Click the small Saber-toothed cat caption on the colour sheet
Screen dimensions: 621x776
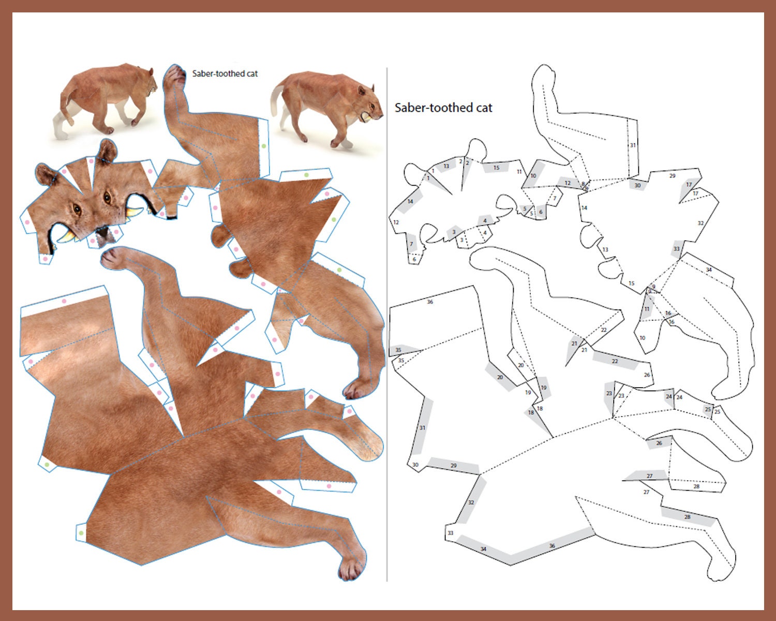[x=225, y=73]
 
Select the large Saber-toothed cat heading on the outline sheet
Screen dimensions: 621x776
[x=443, y=108]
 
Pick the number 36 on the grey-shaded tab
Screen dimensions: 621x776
[x=552, y=546]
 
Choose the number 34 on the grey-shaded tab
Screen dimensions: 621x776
[x=483, y=549]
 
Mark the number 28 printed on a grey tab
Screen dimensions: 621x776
[x=688, y=517]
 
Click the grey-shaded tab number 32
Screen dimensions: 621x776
[x=471, y=502]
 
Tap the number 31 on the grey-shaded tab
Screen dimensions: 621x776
[x=422, y=428]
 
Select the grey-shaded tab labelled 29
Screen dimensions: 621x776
[x=454, y=466]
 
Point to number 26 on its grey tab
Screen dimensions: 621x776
[x=659, y=443]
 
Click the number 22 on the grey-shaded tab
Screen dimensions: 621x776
[x=615, y=361]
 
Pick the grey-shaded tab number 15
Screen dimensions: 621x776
[x=497, y=168]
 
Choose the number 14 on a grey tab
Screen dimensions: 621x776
[x=410, y=201]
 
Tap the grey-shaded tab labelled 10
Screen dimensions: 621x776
[x=533, y=176]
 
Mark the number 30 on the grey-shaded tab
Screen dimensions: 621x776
[x=637, y=185]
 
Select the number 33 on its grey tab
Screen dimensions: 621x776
[x=676, y=249]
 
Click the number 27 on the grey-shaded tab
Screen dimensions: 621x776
[x=650, y=476]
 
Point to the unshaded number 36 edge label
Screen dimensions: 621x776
[x=430, y=302]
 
